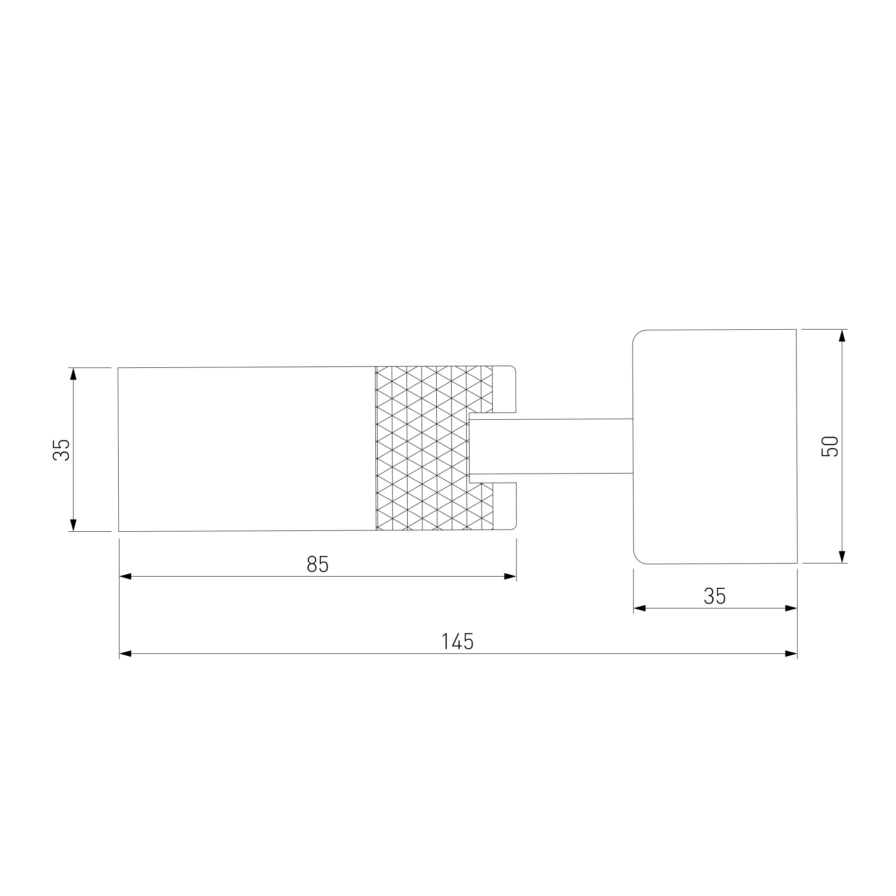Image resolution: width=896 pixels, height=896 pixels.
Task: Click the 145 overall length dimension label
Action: [457, 642]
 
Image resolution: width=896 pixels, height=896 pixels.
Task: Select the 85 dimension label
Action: [318, 564]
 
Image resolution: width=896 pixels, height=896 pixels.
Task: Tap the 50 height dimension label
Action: [830, 447]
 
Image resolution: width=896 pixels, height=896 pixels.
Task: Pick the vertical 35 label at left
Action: [61, 450]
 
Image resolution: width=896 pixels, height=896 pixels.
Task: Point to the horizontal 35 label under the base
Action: [715, 596]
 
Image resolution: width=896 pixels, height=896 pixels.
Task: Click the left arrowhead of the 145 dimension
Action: [125, 654]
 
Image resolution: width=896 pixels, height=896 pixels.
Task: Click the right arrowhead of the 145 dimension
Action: [791, 654]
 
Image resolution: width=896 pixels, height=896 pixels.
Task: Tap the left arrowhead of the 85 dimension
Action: [125, 577]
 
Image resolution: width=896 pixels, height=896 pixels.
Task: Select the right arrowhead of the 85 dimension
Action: [510, 577]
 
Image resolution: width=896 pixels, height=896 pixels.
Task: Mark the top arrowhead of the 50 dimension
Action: [842, 336]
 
